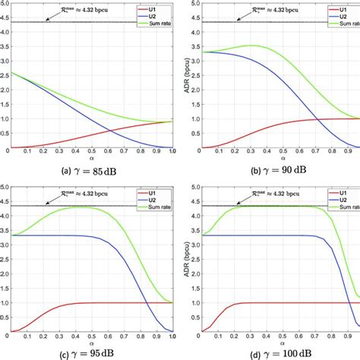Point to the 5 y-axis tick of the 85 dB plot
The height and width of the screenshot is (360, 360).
(4, 5)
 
